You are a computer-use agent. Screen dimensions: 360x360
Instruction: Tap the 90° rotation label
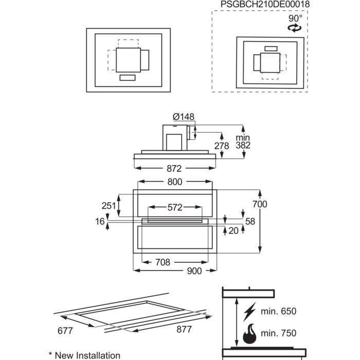pyautogui.click(x=295, y=19)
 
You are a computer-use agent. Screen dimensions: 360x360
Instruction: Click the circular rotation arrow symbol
pyautogui.click(x=295, y=29)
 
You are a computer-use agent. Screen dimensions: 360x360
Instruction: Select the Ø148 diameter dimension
pyautogui.click(x=183, y=117)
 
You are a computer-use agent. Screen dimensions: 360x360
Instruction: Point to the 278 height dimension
pyautogui.click(x=222, y=146)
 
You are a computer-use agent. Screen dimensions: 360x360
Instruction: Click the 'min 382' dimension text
pyautogui.click(x=242, y=142)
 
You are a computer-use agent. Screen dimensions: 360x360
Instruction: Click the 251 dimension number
pyautogui.click(x=109, y=206)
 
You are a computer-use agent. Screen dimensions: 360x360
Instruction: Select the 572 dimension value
pyautogui.click(x=175, y=208)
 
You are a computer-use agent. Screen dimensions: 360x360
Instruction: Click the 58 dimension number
pyautogui.click(x=250, y=222)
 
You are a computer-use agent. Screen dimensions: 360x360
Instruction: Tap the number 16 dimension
pyautogui.click(x=99, y=222)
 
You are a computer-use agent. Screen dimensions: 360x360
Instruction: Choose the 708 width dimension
pyautogui.click(x=163, y=262)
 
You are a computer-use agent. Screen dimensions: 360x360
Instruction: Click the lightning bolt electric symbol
pyautogui.click(x=251, y=312)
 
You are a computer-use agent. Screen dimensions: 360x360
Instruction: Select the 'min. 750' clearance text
pyautogui.click(x=279, y=333)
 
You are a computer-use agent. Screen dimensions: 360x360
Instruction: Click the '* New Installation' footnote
pyautogui.click(x=84, y=355)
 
